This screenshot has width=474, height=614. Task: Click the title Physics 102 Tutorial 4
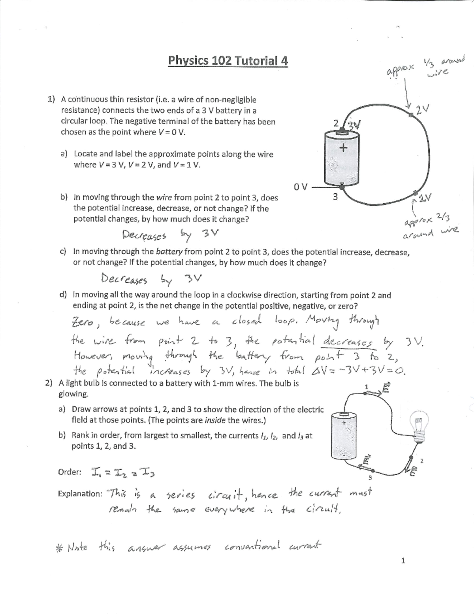[x=228, y=61]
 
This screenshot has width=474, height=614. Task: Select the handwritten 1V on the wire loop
[x=426, y=197]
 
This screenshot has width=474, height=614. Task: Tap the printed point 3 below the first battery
[x=335, y=196]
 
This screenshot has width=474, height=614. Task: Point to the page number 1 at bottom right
[x=403, y=560]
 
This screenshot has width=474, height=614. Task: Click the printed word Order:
[x=70, y=472]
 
